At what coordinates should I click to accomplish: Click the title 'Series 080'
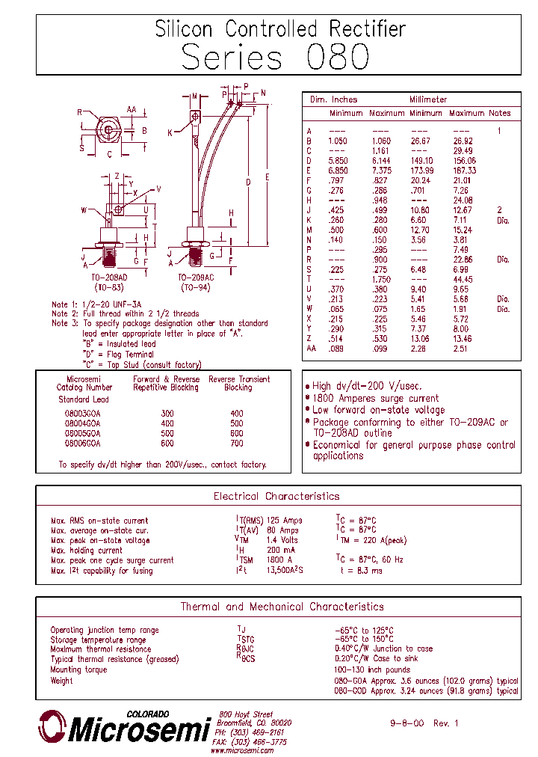click(275, 58)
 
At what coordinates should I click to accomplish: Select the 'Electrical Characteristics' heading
click(276, 496)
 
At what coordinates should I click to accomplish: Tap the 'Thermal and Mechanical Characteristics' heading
click(282, 607)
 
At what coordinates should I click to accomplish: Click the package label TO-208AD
click(111, 278)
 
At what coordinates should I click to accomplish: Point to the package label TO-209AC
click(197, 278)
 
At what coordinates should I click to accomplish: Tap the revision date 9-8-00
click(407, 723)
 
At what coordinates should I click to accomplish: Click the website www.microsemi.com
click(244, 750)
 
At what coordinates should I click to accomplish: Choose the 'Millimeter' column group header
click(428, 99)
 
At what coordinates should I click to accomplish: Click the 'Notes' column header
click(499, 113)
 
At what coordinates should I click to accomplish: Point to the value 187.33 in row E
click(463, 171)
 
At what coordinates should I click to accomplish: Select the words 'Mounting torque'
click(78, 669)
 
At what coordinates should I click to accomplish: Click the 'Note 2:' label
click(64, 314)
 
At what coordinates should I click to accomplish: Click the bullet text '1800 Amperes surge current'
click(375, 398)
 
